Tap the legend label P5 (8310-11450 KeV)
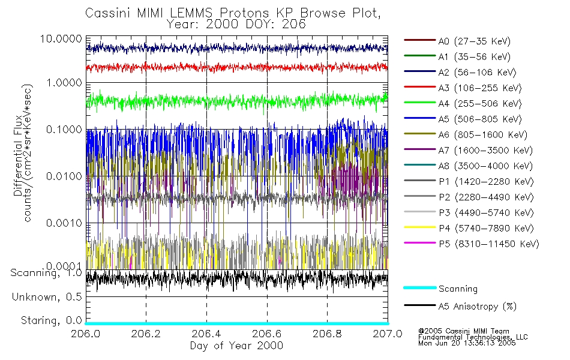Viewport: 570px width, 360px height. click(x=488, y=244)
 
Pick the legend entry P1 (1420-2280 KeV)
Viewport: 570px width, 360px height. click(x=485, y=182)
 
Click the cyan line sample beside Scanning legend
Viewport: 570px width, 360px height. click(x=419, y=289)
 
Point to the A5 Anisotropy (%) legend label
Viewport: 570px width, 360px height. click(x=477, y=307)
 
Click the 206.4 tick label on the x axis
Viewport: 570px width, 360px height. click(x=207, y=334)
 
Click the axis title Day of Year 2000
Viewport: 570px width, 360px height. click(x=236, y=346)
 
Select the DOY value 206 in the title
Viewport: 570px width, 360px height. click(x=295, y=25)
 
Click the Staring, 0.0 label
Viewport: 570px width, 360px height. click(x=51, y=319)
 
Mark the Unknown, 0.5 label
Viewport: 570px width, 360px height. click(x=47, y=296)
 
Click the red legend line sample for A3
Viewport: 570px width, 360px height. click(x=419, y=88)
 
